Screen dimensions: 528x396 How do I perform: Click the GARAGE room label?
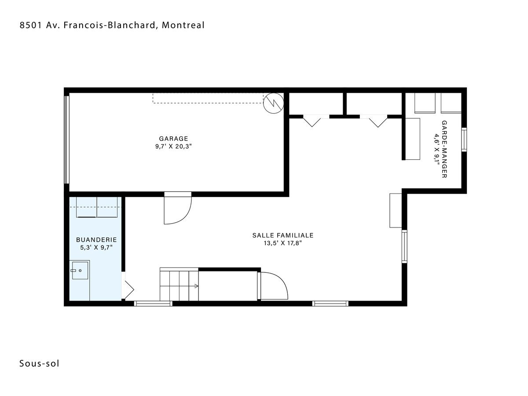(173, 139)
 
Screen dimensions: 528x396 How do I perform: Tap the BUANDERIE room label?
(96, 240)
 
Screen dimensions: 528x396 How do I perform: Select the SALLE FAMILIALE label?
(282, 235)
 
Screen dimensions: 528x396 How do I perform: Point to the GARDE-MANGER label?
(444, 149)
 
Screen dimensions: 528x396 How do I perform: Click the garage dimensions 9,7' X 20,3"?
(173, 147)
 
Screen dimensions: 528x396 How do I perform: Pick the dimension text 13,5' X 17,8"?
(282, 243)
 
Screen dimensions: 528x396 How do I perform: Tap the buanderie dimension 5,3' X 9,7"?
(96, 247)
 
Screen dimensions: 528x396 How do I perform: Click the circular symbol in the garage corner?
(274, 103)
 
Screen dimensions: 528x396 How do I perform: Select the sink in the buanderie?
(80, 271)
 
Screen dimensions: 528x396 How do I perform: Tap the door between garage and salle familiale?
(178, 208)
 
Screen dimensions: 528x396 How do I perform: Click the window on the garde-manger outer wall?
(464, 139)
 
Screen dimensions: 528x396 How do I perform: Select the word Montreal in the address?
(183, 25)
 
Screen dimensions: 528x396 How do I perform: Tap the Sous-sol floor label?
(39, 363)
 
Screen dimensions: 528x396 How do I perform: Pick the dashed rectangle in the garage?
(208, 98)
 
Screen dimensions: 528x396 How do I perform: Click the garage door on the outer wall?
(66, 139)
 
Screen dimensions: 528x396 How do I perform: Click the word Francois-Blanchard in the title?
(109, 25)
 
